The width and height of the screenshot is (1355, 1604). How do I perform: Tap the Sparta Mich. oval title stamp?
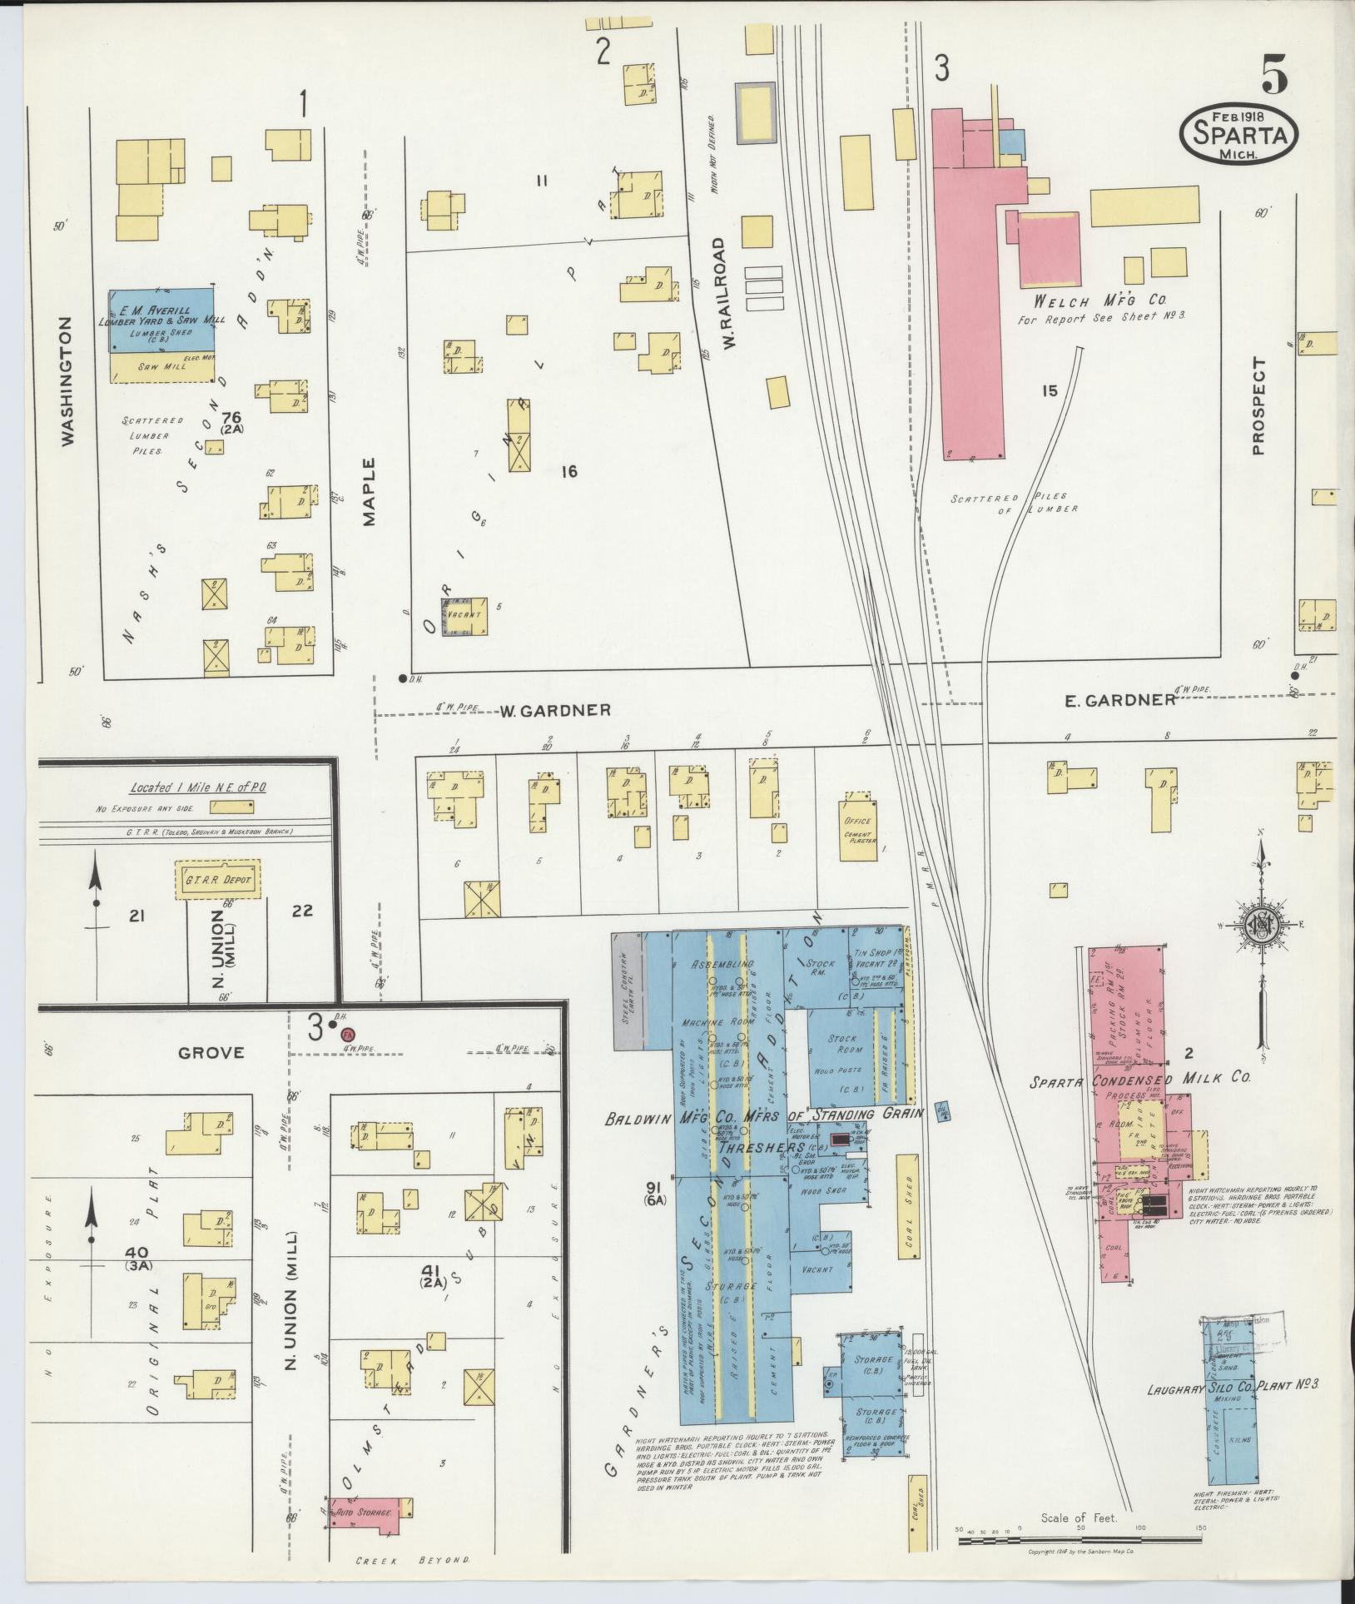1238,135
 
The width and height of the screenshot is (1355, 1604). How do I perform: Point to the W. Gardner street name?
555,711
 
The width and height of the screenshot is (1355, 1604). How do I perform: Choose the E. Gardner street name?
1120,700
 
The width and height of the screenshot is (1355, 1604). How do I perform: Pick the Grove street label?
211,1053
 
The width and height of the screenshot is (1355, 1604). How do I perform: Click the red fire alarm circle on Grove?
347,1033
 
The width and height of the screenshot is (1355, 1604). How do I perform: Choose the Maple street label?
370,492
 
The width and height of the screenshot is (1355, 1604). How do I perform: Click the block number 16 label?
568,472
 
